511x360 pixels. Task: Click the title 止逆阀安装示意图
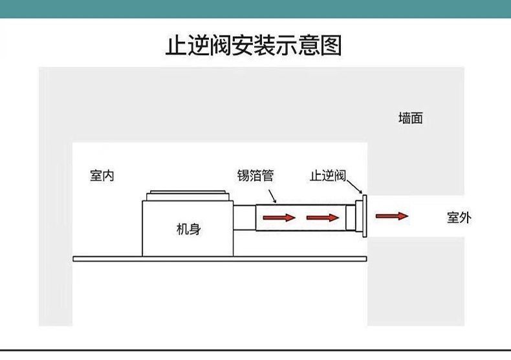(x=254, y=46)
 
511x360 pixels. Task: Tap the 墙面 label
(x=410, y=118)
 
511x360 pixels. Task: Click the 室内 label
(x=102, y=175)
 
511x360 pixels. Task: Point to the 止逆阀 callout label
(x=329, y=175)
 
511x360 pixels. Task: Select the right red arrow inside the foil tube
(x=322, y=217)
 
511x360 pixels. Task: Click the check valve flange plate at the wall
(x=364, y=216)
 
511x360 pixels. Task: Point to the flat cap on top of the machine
(x=188, y=194)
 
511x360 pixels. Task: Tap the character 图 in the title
(x=331, y=46)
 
